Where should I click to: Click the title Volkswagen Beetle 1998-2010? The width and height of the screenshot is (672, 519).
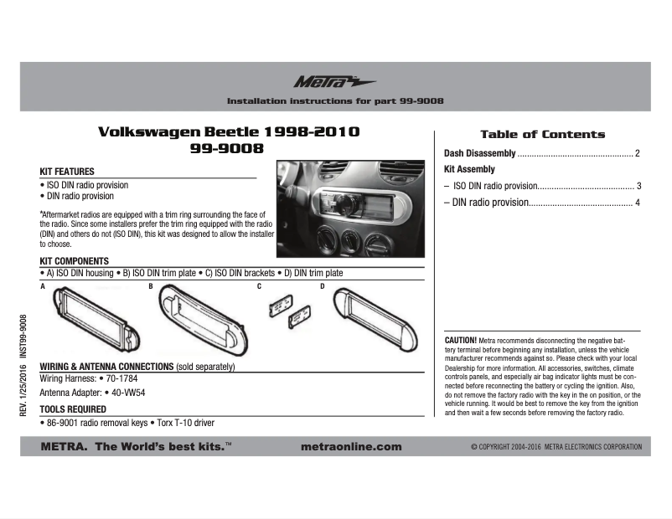(x=229, y=132)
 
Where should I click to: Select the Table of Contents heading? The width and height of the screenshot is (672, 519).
(x=542, y=134)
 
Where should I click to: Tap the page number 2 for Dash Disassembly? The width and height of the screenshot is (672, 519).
(x=638, y=153)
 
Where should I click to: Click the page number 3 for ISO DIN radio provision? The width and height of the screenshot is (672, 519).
(x=638, y=186)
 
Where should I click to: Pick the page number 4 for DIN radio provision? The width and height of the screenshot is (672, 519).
(x=638, y=203)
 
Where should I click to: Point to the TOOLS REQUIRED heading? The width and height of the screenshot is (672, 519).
(x=73, y=409)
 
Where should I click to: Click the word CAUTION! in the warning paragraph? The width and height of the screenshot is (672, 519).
(x=460, y=342)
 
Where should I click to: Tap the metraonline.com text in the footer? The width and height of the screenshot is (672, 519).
(x=350, y=447)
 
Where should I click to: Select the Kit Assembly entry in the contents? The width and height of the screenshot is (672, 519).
(x=469, y=170)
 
